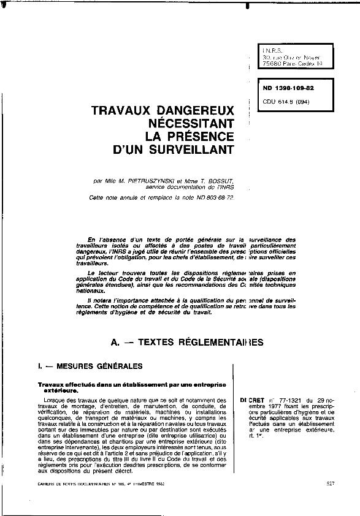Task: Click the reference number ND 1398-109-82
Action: (284, 89)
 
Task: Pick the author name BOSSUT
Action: (216, 181)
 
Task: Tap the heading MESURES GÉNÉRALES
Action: (99, 366)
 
